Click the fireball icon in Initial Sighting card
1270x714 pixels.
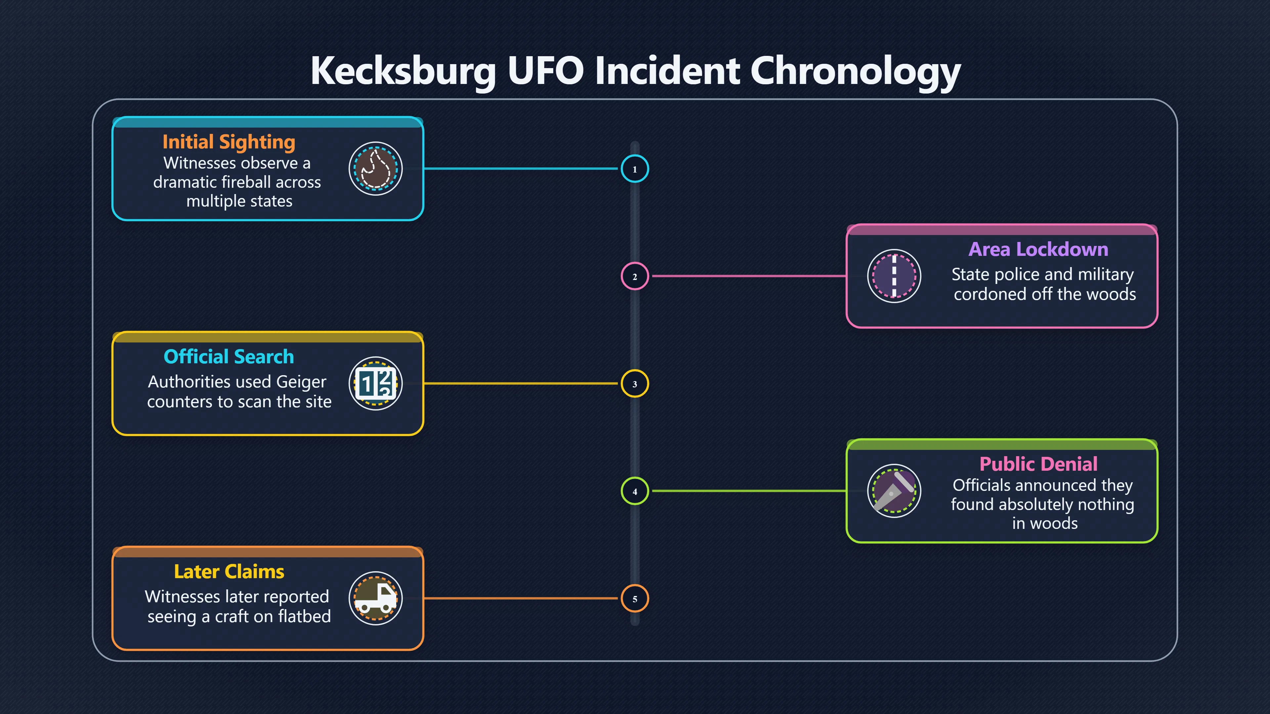pyautogui.click(x=376, y=169)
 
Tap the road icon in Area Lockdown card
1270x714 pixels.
pyautogui.click(x=894, y=276)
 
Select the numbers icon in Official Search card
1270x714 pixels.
pyautogui.click(x=376, y=383)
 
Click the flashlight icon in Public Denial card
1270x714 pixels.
pyautogui.click(x=894, y=491)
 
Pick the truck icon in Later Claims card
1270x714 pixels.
pyautogui.click(x=376, y=598)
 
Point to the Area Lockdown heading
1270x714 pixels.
pyautogui.click(x=1038, y=249)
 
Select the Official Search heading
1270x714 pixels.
pyautogui.click(x=229, y=356)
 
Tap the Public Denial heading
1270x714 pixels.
pyautogui.click(x=1038, y=464)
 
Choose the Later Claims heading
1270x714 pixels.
pyautogui.click(x=229, y=572)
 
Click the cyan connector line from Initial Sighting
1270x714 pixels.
pyautogui.click(x=521, y=169)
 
